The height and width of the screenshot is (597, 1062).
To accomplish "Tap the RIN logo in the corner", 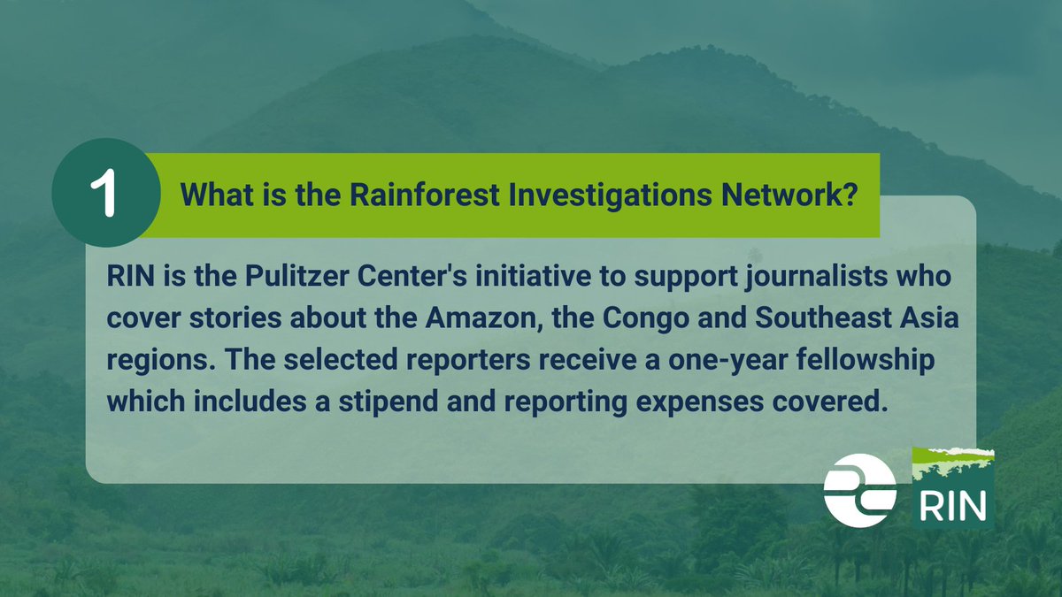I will click(952, 488).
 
